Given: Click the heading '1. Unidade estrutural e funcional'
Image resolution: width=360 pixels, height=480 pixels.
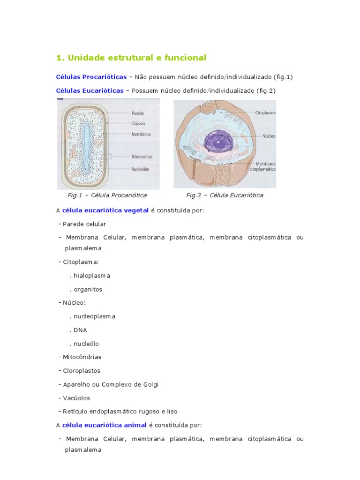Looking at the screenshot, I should point(131,58).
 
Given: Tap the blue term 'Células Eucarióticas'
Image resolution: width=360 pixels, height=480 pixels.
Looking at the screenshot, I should point(90,90).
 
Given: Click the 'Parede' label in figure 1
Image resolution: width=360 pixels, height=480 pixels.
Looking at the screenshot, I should point(138,113).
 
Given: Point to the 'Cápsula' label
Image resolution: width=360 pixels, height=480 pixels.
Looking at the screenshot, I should point(139,124).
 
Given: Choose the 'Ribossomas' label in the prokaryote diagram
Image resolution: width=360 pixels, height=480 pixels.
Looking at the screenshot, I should point(142,157).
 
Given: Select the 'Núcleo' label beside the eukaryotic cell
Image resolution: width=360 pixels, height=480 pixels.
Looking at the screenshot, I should point(269,136).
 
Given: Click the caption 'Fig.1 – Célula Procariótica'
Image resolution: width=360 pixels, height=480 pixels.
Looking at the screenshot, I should point(108,195).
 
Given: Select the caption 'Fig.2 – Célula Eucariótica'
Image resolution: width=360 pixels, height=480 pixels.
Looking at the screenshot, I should point(225,195).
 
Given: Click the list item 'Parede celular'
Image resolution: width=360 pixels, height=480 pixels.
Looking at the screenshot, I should point(84,224).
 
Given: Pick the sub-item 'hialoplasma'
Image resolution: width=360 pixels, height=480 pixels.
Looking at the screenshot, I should point(91,276).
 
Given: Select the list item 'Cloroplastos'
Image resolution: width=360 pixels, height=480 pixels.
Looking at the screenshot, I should point(82,371).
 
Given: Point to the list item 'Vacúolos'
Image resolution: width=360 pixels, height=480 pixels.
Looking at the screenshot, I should point(78,398).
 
